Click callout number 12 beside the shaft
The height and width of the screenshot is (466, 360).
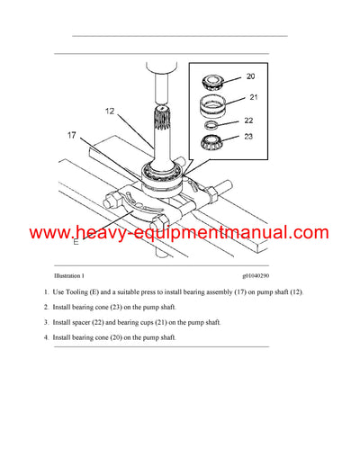click(108, 112)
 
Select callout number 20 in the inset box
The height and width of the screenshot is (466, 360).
click(250, 76)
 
